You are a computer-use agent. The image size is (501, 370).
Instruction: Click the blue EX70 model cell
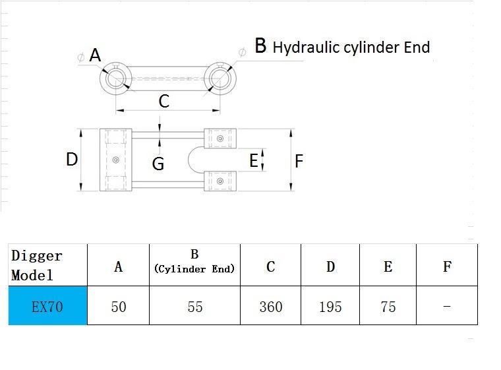point(47,305)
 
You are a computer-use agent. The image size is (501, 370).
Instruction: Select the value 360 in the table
point(271,307)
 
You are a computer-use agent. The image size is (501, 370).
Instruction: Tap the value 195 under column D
point(330,307)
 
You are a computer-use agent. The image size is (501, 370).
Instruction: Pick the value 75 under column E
point(388,307)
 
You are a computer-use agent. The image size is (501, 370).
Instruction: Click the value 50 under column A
point(119,307)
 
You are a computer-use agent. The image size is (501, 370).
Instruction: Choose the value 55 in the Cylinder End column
point(195,307)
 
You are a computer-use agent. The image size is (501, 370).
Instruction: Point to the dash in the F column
point(447,307)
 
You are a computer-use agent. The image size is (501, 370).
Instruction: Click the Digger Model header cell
point(47,265)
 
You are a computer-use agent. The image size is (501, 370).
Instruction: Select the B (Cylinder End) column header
point(194,265)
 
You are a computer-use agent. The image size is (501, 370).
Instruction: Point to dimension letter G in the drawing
point(158,164)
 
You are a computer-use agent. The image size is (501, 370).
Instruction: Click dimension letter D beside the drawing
point(72,159)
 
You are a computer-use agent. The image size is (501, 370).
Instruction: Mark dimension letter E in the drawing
point(254,160)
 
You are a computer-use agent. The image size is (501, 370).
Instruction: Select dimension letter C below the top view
point(164,101)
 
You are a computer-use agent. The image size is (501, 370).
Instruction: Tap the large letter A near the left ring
point(95,55)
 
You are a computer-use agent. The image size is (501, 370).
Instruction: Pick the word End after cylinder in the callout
point(417,47)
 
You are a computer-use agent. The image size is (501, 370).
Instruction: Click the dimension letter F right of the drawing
point(299,161)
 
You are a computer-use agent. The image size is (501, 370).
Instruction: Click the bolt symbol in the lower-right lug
point(220,181)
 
